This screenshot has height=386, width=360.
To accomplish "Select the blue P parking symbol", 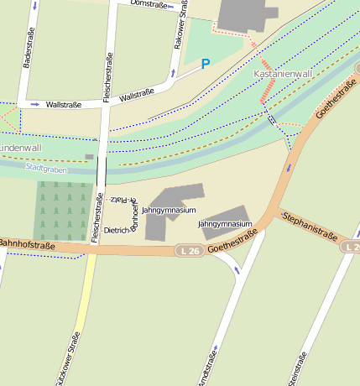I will [206, 64].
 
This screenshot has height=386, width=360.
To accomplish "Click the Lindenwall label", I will [20, 148].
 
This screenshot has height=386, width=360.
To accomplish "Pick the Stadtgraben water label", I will [45, 168].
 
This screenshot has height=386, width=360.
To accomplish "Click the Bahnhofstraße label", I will [26, 245].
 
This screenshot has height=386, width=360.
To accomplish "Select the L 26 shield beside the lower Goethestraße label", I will [190, 250].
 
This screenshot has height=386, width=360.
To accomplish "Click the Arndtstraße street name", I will [205, 365].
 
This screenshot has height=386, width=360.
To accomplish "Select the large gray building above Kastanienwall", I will [247, 14].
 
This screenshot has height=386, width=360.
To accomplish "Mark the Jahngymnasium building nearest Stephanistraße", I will [225, 216].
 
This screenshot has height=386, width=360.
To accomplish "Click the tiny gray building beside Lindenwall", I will [90, 157].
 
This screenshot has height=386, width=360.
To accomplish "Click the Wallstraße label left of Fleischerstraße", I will [64, 104].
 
